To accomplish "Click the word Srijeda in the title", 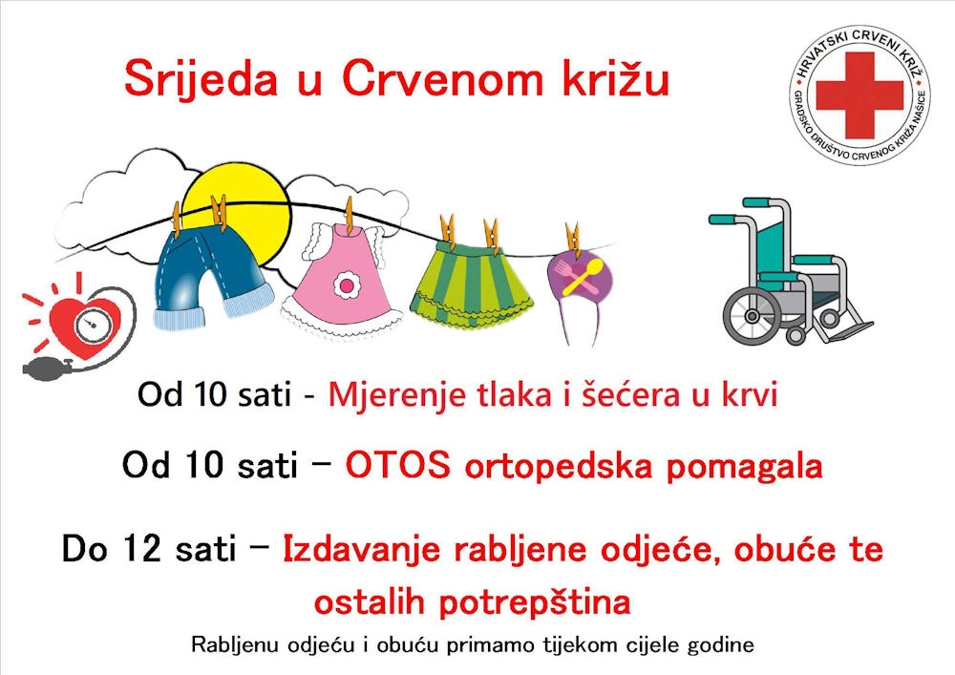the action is coord(201,79).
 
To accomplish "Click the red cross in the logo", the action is coord(859,95).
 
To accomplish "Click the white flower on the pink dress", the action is coord(347,285).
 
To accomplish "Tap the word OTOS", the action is coord(398,466).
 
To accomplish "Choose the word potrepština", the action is coord(534,602).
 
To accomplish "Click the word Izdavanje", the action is coord(361,550).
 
